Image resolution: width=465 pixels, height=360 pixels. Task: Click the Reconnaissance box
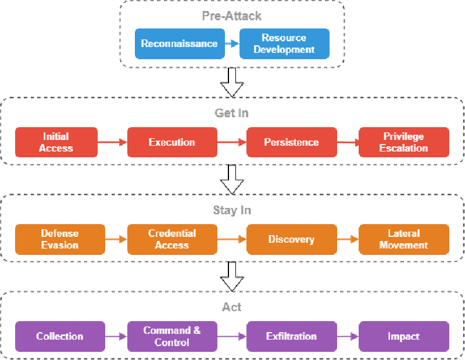pyautogui.click(x=179, y=44)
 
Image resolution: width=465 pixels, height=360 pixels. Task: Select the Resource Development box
pyautogui.click(x=284, y=44)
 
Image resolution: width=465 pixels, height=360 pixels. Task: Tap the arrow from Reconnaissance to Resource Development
pyautogui.click(x=231, y=44)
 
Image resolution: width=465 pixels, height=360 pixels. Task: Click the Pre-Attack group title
pyautogui.click(x=232, y=16)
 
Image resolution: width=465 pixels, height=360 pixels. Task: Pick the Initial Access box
pyautogui.click(x=56, y=142)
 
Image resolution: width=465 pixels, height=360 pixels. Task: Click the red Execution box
pyautogui.click(x=172, y=142)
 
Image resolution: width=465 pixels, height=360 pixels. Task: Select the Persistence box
pyautogui.click(x=291, y=142)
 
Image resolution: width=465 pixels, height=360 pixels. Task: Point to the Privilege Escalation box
pyautogui.click(x=404, y=142)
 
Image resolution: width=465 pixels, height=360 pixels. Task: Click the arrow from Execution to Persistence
pyautogui.click(x=231, y=142)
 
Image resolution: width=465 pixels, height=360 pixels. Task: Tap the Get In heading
pyautogui.click(x=232, y=113)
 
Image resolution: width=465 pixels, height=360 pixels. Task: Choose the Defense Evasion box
pyautogui.click(x=60, y=239)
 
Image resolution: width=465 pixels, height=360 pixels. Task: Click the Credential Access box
pyautogui.click(x=172, y=239)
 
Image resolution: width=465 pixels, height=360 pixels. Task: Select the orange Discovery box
pyautogui.click(x=291, y=239)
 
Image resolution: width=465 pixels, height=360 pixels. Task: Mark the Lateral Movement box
pyautogui.click(x=404, y=239)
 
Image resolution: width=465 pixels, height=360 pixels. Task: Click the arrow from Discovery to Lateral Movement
pyautogui.click(x=347, y=239)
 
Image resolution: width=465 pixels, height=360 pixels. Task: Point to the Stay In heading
pyautogui.click(x=232, y=210)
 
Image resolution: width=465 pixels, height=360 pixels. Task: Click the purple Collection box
pyautogui.click(x=60, y=336)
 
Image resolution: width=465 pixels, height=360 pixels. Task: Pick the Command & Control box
pyautogui.click(x=172, y=336)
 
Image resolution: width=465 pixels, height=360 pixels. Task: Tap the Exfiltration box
pyautogui.click(x=291, y=336)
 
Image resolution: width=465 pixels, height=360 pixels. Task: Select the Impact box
pyautogui.click(x=404, y=336)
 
